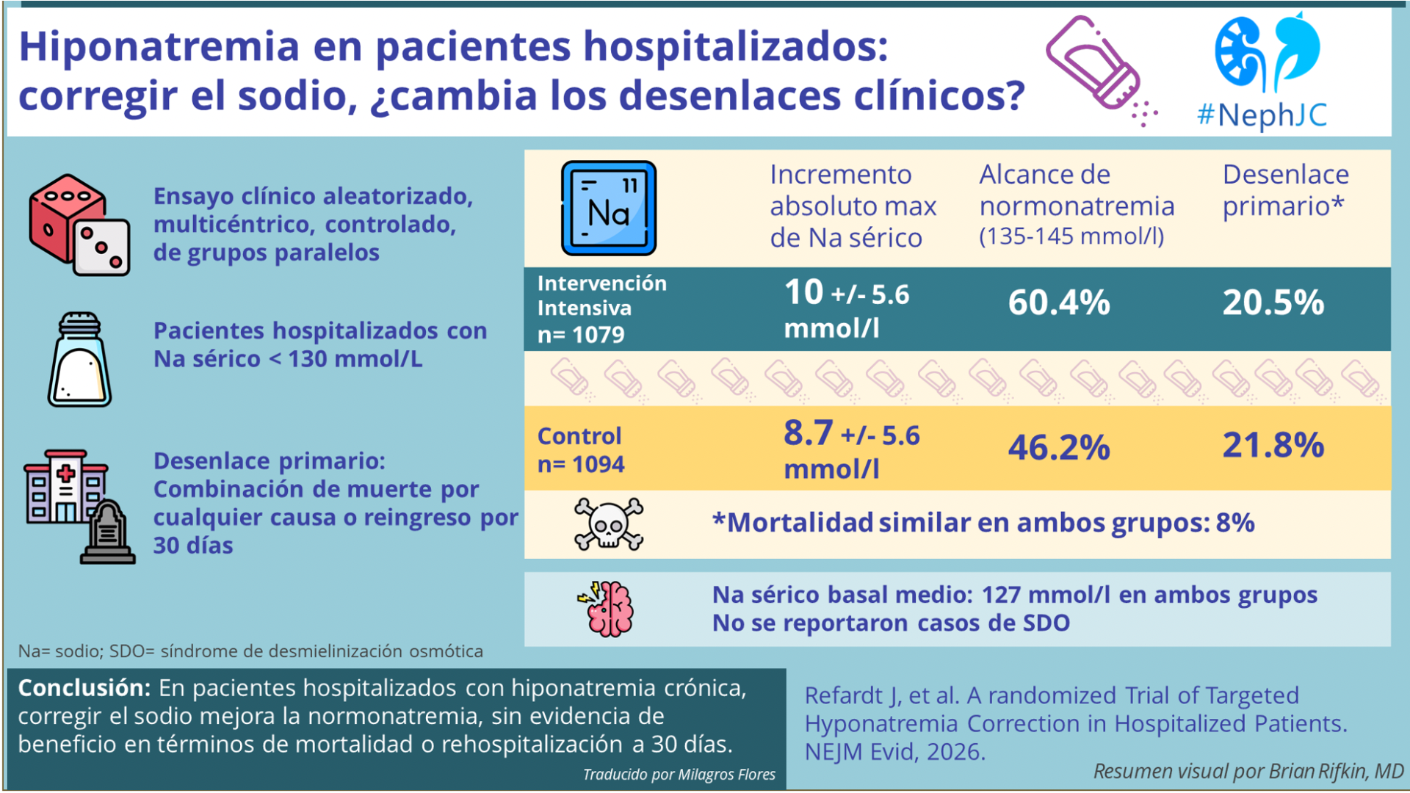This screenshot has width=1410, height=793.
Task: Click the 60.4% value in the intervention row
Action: click(1058, 303)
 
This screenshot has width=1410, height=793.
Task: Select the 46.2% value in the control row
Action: click(1058, 447)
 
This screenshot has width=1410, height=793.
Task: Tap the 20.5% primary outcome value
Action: click(1273, 303)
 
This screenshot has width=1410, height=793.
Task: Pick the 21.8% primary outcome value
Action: click(1273, 446)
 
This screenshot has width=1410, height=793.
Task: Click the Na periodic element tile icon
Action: click(608, 209)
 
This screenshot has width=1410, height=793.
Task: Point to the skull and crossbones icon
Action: click(608, 524)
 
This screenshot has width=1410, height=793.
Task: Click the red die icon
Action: click(79, 225)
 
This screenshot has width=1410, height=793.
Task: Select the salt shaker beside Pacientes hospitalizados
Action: click(79, 360)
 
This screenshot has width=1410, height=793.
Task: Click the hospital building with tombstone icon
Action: click(79, 507)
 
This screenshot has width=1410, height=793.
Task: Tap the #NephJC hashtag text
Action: click(1262, 115)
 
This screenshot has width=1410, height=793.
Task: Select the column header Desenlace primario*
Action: click(1285, 190)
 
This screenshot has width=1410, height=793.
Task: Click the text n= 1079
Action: click(580, 335)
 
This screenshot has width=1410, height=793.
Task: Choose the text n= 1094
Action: click(580, 465)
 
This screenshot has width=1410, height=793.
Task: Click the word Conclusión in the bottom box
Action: click(84, 688)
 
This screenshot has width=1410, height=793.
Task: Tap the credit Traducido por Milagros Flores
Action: click(679, 775)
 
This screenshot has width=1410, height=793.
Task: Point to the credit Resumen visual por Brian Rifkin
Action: click(1248, 771)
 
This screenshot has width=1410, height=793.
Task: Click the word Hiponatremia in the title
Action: click(159, 47)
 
